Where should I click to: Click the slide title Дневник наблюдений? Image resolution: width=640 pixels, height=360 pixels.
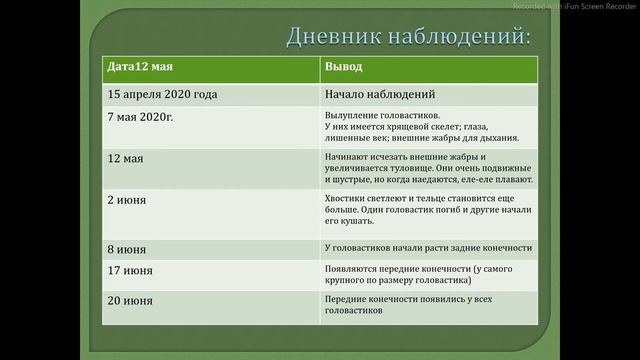pyautogui.click(x=408, y=37)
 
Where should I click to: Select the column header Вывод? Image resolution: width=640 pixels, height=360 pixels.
pyautogui.click(x=343, y=66)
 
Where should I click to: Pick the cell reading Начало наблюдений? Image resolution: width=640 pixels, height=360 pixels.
pyautogui.click(x=380, y=95)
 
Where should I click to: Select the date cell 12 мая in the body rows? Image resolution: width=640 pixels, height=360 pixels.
pyautogui.click(x=126, y=159)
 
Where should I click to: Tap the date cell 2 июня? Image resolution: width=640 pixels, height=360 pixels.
pyautogui.click(x=127, y=200)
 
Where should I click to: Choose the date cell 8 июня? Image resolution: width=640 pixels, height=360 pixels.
pyautogui.click(x=127, y=248)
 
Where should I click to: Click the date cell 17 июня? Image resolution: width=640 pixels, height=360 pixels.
pyautogui.click(x=130, y=271)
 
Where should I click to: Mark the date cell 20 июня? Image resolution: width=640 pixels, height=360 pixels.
pyautogui.click(x=130, y=300)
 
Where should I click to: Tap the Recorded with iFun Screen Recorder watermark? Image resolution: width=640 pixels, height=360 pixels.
pyautogui.click(x=574, y=6)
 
